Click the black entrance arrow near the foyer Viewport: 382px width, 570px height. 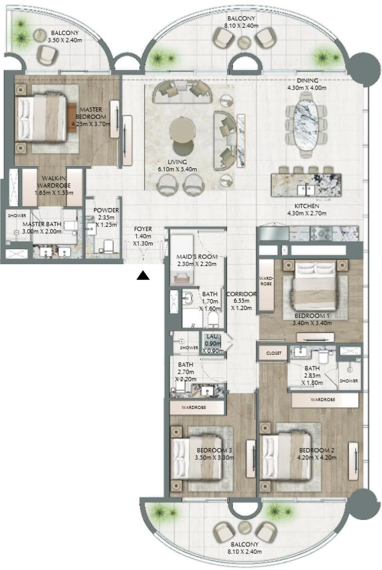(x=144, y=276)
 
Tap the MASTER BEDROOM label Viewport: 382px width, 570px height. (x=91, y=113)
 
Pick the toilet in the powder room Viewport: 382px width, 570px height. (x=108, y=246)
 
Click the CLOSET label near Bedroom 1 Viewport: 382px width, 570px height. (x=274, y=353)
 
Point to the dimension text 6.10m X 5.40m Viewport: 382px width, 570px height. (x=177, y=169)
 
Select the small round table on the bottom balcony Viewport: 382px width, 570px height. (x=244, y=527)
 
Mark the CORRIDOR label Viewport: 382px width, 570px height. (x=241, y=294)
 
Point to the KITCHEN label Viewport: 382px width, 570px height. (x=306, y=206)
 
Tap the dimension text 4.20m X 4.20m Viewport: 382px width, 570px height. (x=317, y=458)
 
